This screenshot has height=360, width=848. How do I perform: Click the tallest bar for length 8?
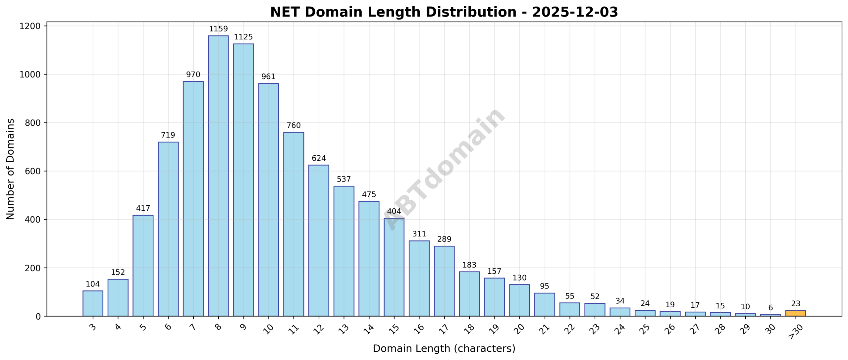218,176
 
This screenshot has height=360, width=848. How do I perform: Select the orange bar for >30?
795,313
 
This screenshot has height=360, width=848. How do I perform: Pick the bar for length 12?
318,240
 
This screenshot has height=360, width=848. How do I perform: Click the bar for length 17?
444,281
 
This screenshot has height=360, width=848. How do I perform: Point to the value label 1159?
218,29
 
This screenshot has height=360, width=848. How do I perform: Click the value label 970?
193,75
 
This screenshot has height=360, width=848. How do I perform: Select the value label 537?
344,179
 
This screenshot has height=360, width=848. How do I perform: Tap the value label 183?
469,265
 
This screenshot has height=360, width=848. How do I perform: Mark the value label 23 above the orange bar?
795,304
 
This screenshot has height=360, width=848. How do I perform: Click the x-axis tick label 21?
545,329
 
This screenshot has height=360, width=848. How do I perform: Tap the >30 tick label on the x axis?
795,331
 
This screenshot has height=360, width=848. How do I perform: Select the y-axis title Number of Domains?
11,169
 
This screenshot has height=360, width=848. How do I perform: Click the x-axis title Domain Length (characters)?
444,348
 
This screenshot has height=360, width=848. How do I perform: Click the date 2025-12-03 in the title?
575,12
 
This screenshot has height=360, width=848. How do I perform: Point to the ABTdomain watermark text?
444,169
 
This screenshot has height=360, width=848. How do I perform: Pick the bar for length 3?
93,303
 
